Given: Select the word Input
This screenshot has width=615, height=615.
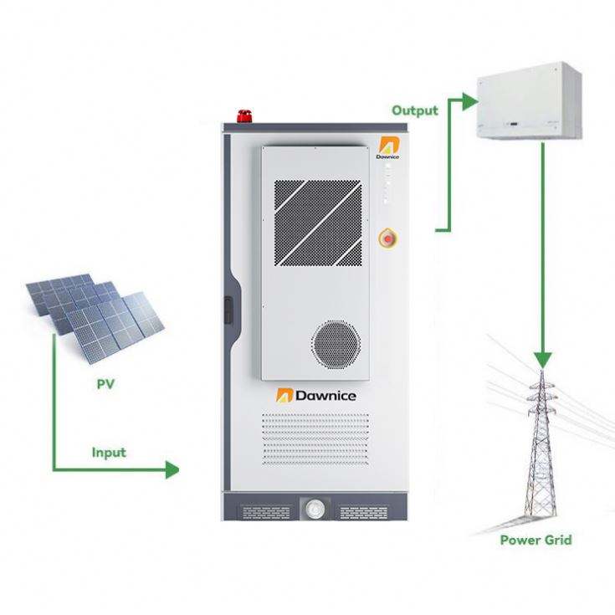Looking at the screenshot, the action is click(109, 453).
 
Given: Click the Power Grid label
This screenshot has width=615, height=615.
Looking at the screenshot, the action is click(536, 540).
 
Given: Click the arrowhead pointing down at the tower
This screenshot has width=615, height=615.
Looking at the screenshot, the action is click(544, 356).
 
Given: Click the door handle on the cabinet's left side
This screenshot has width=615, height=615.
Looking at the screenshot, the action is click(230, 318).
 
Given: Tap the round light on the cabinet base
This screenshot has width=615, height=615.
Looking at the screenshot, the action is click(315, 506).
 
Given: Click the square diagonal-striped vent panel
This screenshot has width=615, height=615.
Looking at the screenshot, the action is click(319, 223).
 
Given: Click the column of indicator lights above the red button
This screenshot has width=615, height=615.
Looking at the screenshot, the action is click(387, 183).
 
